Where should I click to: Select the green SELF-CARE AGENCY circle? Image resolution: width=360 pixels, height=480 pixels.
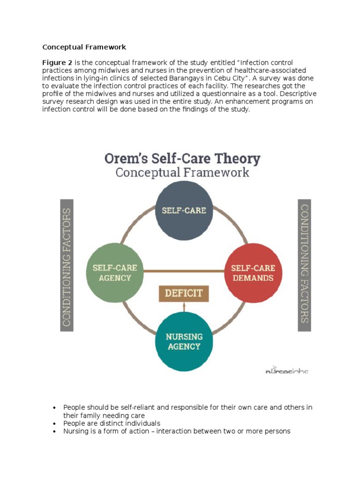pos(115,272)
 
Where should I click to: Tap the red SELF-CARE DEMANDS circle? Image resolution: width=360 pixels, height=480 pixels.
pos(253,272)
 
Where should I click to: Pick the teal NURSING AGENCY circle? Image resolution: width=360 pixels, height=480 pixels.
pos(184,341)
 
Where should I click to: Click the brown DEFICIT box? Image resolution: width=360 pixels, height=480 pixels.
pos(184,293)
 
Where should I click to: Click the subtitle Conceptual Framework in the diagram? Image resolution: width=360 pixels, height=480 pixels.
pos(182,172)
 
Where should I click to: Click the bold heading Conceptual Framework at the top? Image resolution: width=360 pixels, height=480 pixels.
pos(84,47)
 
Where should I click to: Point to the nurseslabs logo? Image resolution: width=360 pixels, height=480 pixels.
pos(286,370)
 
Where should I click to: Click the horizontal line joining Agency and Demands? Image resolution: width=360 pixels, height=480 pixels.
pos(184,271)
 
